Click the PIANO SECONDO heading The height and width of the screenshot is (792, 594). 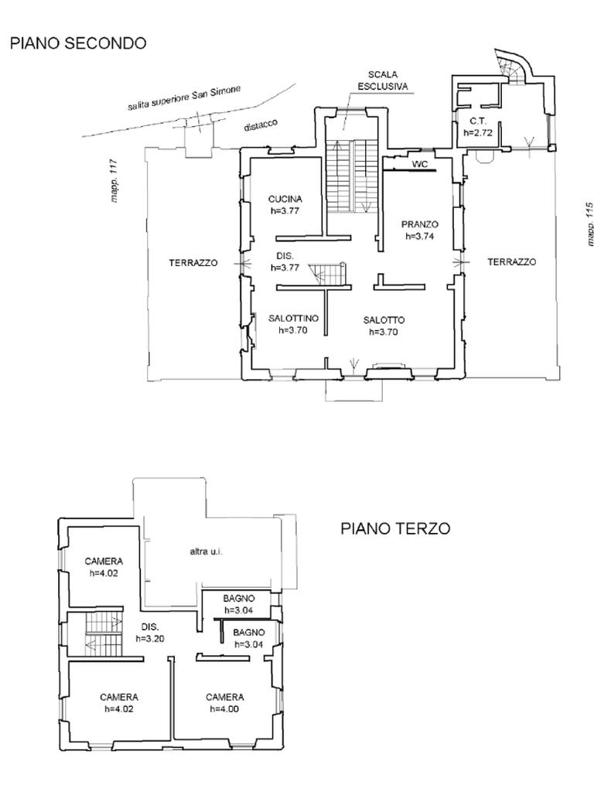point(78,43)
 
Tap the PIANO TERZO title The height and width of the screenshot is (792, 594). point(395,528)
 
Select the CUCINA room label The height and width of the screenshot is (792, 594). point(285,199)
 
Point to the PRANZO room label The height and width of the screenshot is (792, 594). point(420,224)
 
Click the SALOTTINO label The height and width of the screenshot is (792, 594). point(293,318)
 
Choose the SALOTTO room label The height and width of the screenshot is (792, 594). point(384,319)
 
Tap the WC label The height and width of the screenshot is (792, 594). point(420,164)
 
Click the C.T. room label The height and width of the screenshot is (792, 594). point(478,121)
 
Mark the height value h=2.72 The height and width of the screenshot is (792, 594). point(478,133)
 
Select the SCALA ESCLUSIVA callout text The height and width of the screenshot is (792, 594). point(382,80)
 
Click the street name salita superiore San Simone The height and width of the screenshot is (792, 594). point(184,98)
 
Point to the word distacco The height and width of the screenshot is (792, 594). point(261,125)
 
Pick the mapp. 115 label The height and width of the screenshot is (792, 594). point(589,224)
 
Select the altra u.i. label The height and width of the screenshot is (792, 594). point(206,551)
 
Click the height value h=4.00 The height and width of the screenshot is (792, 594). point(225,709)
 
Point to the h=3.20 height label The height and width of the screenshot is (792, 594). point(150,638)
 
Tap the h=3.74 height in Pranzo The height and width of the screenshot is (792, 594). point(420,236)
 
